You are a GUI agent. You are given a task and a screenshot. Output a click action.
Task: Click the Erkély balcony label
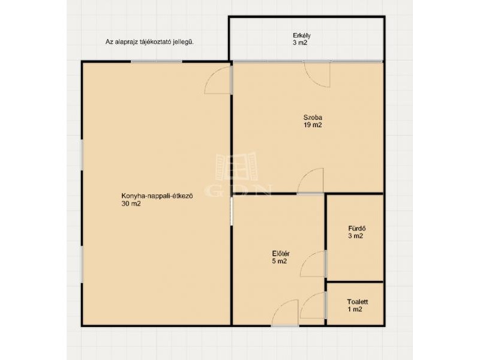302,35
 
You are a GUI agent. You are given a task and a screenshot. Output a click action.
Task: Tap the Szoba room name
313,117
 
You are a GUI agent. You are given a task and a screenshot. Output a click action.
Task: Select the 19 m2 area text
313,125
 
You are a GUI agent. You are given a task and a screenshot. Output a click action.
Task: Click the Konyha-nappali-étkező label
157,196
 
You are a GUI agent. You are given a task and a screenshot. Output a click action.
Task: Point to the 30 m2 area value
131,204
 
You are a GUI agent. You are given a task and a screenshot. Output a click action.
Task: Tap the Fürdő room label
356,229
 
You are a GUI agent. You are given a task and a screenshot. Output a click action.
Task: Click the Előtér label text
281,254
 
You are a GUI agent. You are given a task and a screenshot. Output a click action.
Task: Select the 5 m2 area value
279,262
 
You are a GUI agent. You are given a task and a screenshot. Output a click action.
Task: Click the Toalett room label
358,302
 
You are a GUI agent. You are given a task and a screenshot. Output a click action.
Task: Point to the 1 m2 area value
355,310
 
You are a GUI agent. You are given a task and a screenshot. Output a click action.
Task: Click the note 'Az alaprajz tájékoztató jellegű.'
149,42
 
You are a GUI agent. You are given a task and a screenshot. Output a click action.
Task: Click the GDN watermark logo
237,175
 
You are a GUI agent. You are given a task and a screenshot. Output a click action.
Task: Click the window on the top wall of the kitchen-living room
157,62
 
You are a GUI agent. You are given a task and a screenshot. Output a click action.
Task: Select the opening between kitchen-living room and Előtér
232,211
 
